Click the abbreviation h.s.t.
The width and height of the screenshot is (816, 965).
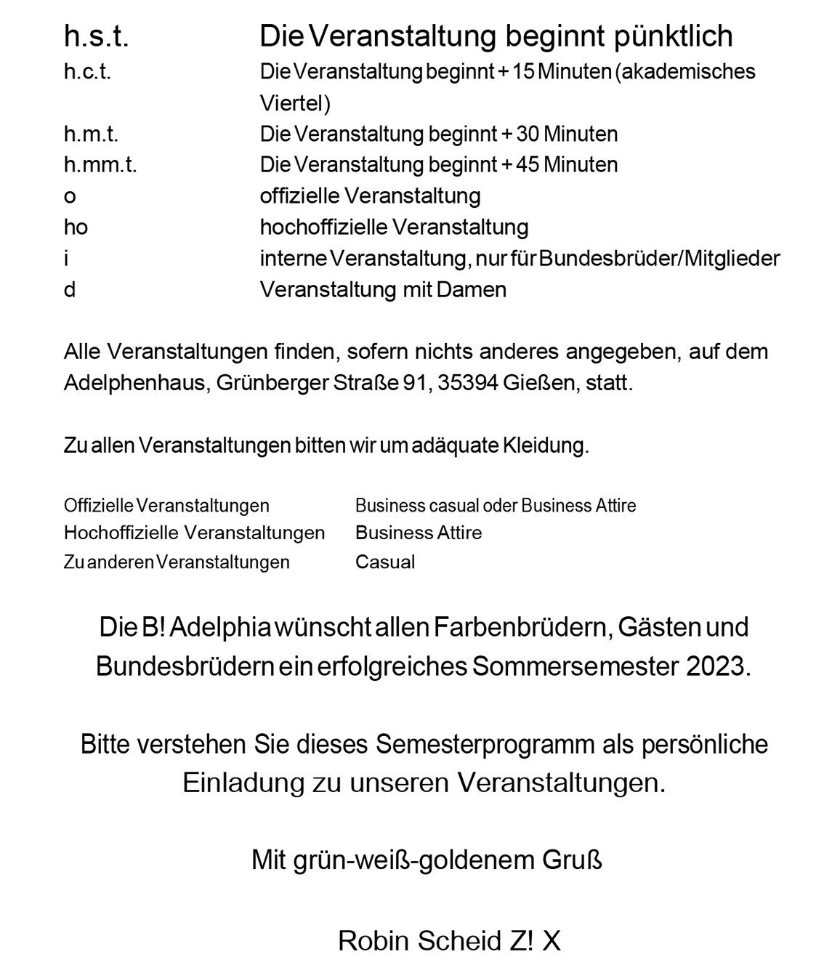pos(96,36)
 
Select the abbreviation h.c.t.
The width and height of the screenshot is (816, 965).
pos(87,72)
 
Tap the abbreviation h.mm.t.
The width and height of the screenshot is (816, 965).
pos(100,165)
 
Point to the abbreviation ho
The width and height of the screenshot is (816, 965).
pos(76,227)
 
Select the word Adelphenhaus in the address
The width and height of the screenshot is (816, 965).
pos(127,383)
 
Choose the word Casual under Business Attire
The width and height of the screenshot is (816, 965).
pos(385,562)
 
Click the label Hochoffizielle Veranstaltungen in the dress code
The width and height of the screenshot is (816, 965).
pos(194,533)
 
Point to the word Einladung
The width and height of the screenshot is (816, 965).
pos(243,783)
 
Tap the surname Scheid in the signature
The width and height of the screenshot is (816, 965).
pos(459,941)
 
